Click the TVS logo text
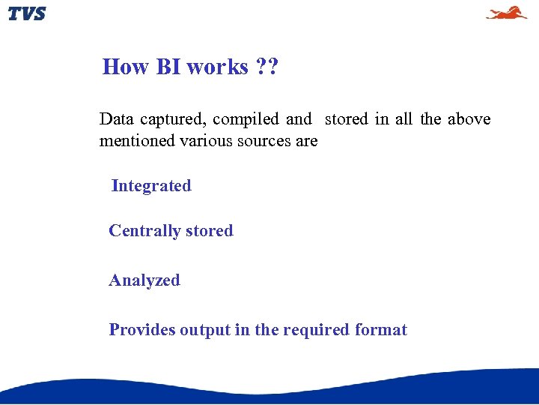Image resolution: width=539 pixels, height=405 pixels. click(27, 13)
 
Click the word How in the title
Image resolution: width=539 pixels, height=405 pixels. click(126, 67)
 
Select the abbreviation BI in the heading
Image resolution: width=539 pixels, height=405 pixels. click(168, 67)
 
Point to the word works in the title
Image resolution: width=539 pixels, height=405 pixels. click(217, 67)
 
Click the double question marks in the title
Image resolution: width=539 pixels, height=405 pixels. click(267, 67)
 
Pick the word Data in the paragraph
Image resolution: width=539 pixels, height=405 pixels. click(116, 119)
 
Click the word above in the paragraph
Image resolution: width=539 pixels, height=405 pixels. click(469, 119)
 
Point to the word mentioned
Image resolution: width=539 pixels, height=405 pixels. click(137, 140)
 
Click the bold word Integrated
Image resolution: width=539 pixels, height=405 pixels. click(151, 186)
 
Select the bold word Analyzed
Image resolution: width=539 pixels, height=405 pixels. click(144, 280)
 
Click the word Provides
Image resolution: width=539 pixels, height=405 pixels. click(142, 330)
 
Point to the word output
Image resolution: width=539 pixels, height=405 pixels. click(204, 330)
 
